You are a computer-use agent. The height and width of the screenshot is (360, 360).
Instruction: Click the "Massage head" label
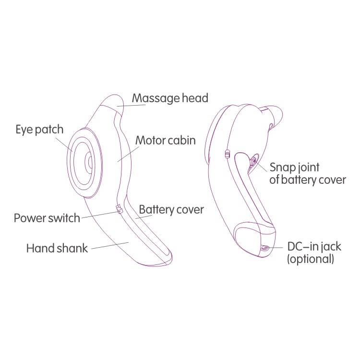170,98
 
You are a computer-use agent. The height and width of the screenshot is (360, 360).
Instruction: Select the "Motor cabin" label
166,141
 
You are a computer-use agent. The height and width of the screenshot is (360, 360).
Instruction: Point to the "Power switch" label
47,218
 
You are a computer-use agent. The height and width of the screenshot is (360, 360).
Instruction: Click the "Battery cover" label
171,210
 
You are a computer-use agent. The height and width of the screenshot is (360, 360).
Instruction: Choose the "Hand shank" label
57,249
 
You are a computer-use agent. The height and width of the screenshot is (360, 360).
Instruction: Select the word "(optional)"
310,259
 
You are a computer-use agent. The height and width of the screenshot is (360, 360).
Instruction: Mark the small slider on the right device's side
227,155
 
